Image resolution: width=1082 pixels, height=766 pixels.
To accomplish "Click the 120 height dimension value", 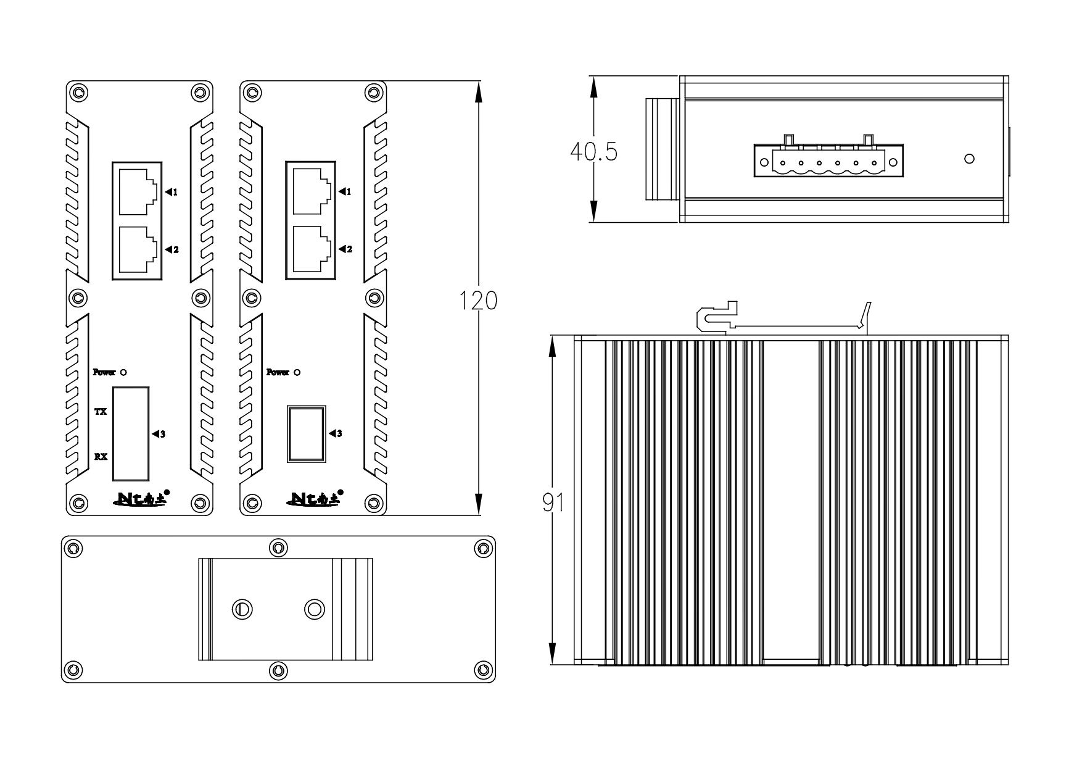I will pyautogui.click(x=479, y=301).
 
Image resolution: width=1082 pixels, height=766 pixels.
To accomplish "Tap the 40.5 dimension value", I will pyautogui.click(x=593, y=151).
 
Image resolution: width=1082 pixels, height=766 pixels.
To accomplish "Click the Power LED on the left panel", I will pyautogui.click(x=123, y=372).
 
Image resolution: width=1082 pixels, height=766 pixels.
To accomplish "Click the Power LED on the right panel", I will pyautogui.click(x=297, y=372).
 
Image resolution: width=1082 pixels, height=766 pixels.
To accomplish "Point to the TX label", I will pyautogui.click(x=101, y=411).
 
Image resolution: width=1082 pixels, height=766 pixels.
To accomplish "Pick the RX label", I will pyautogui.click(x=101, y=457).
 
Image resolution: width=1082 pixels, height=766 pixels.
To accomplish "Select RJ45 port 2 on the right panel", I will pyautogui.click(x=311, y=249).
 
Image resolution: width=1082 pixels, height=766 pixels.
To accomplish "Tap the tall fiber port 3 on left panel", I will pyautogui.click(x=131, y=433).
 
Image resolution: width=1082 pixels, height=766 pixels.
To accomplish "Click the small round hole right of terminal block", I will pyautogui.click(x=968, y=159).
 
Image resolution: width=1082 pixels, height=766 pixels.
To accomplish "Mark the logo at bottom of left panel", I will pyautogui.click(x=141, y=499).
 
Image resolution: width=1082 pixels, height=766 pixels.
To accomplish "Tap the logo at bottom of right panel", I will pyautogui.click(x=315, y=499).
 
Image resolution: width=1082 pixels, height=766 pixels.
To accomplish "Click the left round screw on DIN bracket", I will pyautogui.click(x=242, y=609).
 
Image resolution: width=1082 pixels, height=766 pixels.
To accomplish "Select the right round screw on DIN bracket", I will pyautogui.click(x=315, y=609).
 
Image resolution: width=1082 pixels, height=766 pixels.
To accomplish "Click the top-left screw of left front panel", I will pyautogui.click(x=78, y=93).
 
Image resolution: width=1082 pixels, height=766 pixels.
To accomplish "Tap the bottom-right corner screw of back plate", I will pyautogui.click(x=482, y=670).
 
